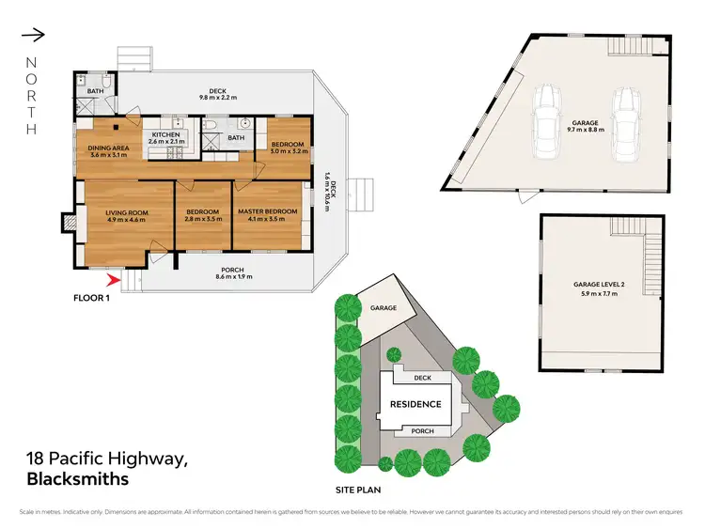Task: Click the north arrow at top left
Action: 32,36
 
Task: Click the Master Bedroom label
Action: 267,211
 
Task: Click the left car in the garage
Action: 544,123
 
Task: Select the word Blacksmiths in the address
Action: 75,478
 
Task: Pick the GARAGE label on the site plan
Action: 383,307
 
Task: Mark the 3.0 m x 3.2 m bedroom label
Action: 289,149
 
